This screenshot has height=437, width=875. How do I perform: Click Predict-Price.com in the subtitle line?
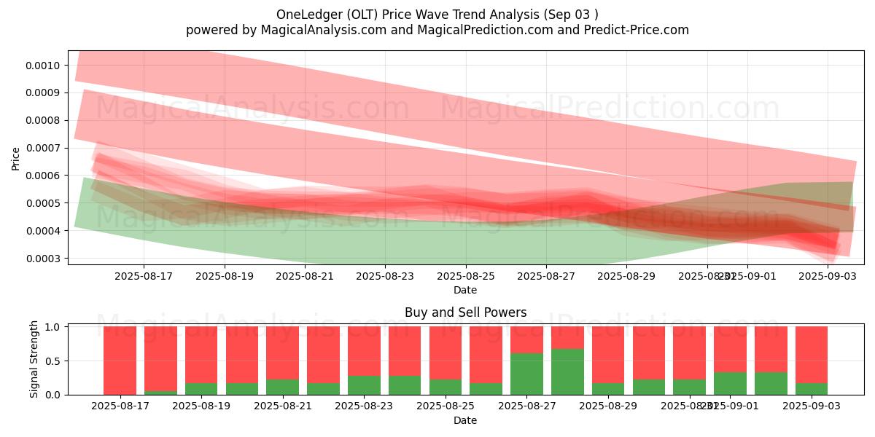(631, 30)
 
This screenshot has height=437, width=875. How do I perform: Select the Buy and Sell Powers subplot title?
(465, 312)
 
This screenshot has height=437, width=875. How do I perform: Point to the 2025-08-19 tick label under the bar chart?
(201, 406)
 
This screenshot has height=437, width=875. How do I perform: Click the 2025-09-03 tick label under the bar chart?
(812, 406)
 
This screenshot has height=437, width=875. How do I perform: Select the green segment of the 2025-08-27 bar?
(567, 371)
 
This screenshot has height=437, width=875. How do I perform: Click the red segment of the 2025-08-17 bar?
(120, 360)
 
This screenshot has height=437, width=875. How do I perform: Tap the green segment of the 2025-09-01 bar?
(730, 383)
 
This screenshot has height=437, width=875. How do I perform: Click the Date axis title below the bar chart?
(465, 420)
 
